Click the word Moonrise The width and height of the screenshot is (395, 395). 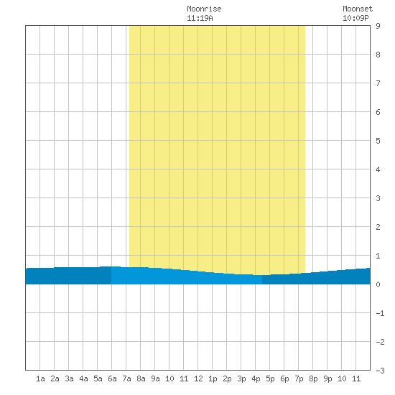pyautogui.click(x=204, y=9)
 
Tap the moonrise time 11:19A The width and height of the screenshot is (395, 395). pyautogui.click(x=200, y=18)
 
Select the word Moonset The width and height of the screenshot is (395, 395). pyautogui.click(x=358, y=9)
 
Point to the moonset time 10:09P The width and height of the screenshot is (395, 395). pyautogui.click(x=355, y=18)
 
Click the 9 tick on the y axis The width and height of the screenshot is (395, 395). pyautogui.click(x=378, y=26)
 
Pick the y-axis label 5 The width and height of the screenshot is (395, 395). pyautogui.click(x=378, y=141)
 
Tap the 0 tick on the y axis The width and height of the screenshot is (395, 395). pyautogui.click(x=378, y=284)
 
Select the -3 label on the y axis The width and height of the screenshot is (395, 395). pyautogui.click(x=380, y=371)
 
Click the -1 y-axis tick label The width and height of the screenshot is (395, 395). pyautogui.click(x=380, y=313)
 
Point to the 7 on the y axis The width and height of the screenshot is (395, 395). pyautogui.click(x=378, y=83)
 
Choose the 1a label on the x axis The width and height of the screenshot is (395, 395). pyautogui.click(x=40, y=378)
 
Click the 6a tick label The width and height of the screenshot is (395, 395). pyautogui.click(x=112, y=378)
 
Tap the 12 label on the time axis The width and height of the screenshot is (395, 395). pyautogui.click(x=198, y=378)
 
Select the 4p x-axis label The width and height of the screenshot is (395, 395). pyautogui.click(x=256, y=379)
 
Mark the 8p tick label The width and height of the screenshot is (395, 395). pyautogui.click(x=313, y=379)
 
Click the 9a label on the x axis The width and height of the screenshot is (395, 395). pyautogui.click(x=155, y=378)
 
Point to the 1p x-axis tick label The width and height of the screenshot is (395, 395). pyautogui.click(x=213, y=379)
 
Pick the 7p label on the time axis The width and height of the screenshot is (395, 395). pyautogui.click(x=299, y=379)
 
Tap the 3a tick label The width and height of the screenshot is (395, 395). pyautogui.click(x=69, y=378)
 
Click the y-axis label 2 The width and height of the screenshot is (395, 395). pyautogui.click(x=378, y=227)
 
